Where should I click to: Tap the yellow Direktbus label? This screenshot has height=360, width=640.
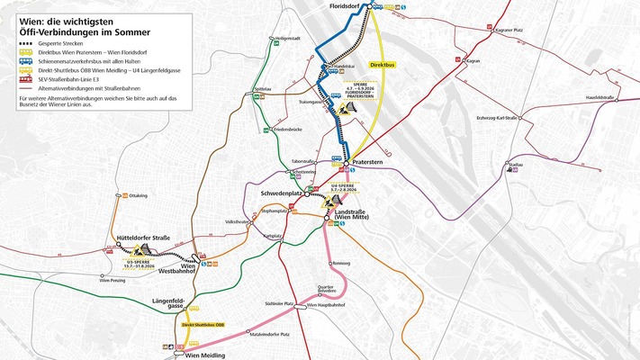pyautogui.click(x=383, y=90)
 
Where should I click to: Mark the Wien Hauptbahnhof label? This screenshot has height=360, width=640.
pyautogui.click(x=326, y=306)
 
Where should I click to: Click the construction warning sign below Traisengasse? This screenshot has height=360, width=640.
pyautogui.click(x=346, y=114)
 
